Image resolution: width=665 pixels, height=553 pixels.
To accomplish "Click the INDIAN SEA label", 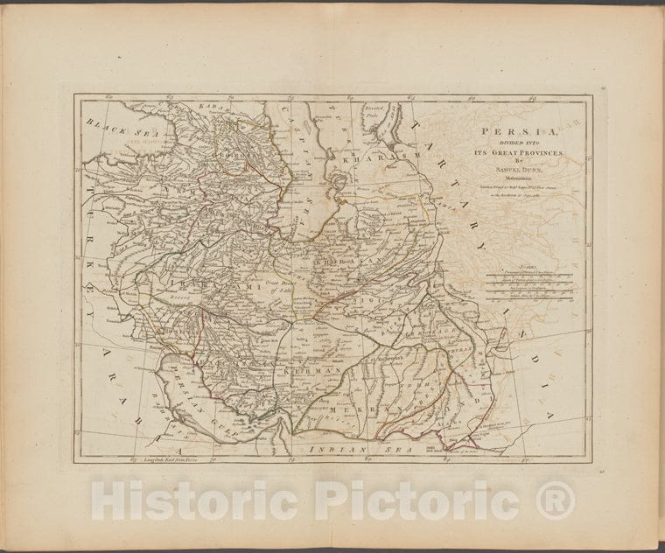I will point(338,447).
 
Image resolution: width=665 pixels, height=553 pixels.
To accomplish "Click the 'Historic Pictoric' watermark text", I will point(332,501).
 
